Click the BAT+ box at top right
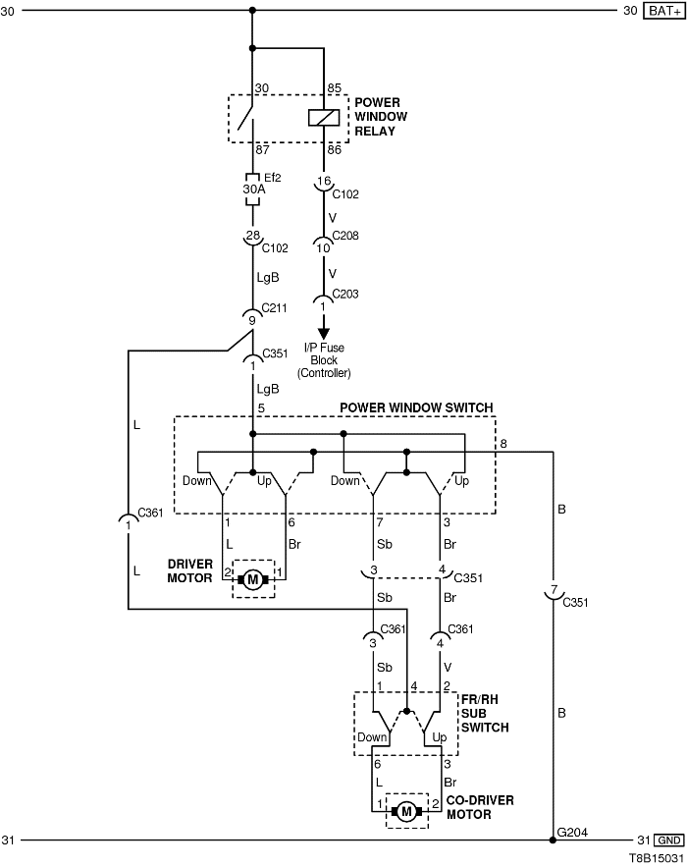click(663, 12)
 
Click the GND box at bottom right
click(668, 840)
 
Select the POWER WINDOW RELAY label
click(381, 116)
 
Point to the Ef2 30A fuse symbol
click(253, 190)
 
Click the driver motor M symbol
click(253, 578)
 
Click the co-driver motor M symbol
click(405, 811)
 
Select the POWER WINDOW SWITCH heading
click(416, 407)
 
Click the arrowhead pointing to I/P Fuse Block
click(323, 333)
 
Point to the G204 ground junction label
click(571, 832)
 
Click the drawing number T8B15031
click(656, 857)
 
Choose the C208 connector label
click(345, 236)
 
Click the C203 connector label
click(345, 293)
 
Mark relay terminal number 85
click(334, 88)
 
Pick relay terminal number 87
click(262, 149)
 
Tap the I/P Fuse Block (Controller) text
click(324, 360)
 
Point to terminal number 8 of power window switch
click(502, 445)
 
